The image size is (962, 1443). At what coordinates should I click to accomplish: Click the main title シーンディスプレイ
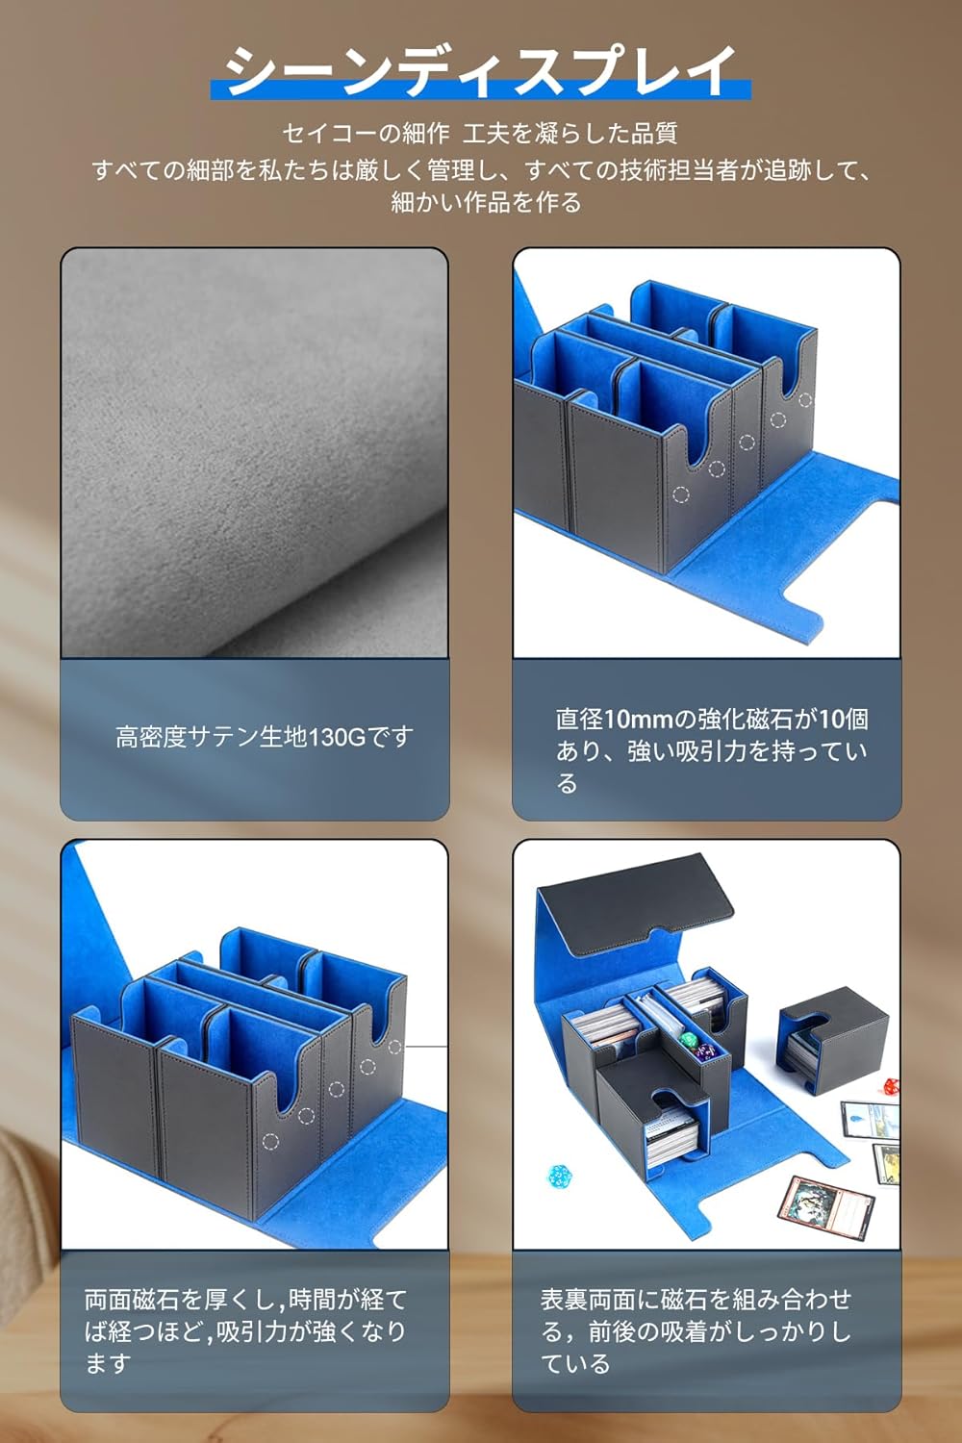coord(480,71)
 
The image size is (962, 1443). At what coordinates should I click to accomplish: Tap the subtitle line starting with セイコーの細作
coord(480,134)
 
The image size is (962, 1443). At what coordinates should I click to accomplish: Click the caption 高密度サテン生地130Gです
coord(265,736)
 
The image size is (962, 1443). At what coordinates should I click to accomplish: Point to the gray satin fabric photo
coord(255,453)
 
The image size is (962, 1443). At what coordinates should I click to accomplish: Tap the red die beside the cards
coord(891,1084)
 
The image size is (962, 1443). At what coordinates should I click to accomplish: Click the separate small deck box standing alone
coord(833,1040)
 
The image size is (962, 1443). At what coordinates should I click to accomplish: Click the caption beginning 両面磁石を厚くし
coord(245,1330)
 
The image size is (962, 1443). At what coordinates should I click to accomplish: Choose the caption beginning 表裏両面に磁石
coord(696,1330)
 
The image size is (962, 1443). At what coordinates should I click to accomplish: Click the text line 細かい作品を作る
coord(486,202)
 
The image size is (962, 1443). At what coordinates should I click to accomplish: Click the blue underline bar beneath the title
coord(481,89)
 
